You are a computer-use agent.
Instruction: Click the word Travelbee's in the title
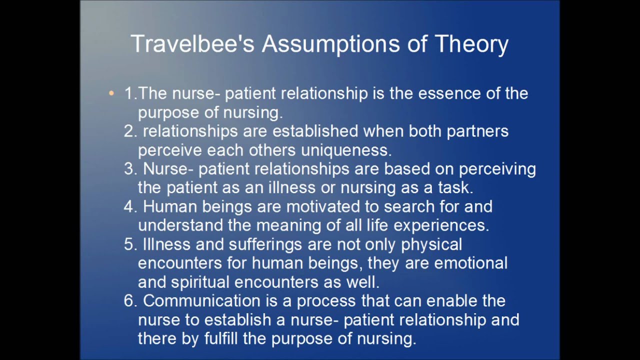[192, 43]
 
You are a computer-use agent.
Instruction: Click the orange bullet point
[111, 93]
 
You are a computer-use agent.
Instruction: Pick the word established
[315, 131]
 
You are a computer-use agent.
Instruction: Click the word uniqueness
[346, 150]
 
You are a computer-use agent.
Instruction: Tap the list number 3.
[130, 169]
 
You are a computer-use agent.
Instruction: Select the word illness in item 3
[292, 187]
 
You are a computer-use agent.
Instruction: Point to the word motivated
[323, 206]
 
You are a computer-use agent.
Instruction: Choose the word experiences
[441, 226]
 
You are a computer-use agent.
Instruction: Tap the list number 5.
[130, 244]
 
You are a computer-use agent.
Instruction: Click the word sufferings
[265, 245]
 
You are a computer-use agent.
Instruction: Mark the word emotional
[471, 263]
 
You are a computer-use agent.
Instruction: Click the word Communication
[201, 301]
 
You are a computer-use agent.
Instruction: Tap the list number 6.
[130, 301]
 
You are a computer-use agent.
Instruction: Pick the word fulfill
[221, 338]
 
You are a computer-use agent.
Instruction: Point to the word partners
[477, 131]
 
